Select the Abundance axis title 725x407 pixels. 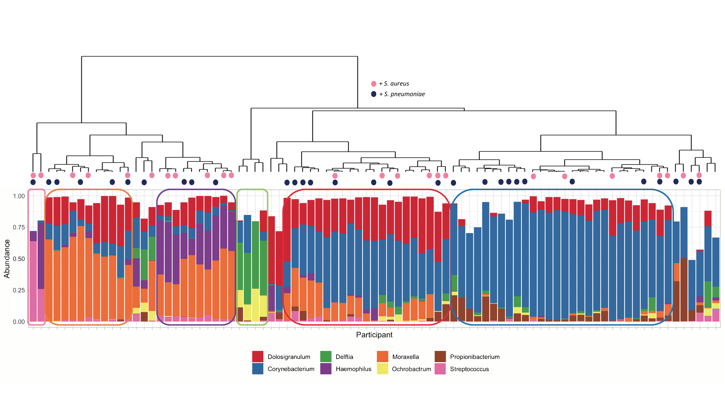point(7,259)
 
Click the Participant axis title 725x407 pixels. point(374,335)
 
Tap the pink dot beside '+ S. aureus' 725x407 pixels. point(373,84)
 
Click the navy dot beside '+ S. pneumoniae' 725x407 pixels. point(373,94)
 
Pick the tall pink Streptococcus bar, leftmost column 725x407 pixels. point(33,281)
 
